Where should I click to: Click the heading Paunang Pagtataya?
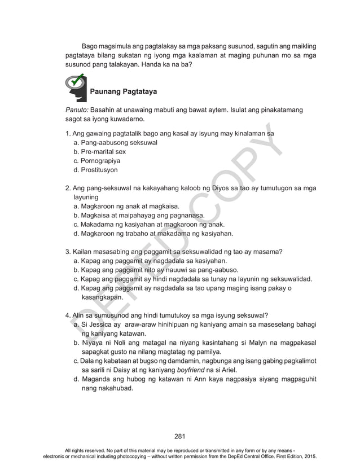tap(123, 91)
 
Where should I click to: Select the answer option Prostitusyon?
tap(96, 170)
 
